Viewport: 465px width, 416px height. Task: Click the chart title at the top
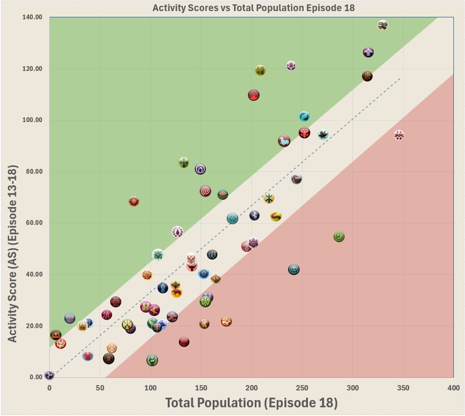[254, 8]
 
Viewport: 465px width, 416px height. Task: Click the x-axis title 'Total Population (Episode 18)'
[251, 403]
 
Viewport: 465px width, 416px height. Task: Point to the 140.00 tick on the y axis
[32, 17]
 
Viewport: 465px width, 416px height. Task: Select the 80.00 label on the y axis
[34, 171]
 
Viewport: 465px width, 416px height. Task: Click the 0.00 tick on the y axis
[36, 377]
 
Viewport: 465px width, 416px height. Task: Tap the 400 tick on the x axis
[453, 388]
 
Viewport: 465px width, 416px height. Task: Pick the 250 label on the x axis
[302, 388]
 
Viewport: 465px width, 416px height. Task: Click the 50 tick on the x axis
[100, 388]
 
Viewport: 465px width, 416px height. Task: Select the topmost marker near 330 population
[382, 25]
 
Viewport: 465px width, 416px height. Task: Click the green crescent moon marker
[339, 236]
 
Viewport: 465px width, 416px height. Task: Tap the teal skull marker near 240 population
[293, 269]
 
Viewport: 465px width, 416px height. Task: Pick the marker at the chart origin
[49, 375]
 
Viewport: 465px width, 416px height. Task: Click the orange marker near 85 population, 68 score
[134, 201]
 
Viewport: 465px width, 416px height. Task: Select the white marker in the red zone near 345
[399, 135]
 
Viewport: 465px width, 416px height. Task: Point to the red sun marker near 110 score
[254, 95]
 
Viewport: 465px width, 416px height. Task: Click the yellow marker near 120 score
[260, 70]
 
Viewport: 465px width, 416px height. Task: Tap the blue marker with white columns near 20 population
[70, 319]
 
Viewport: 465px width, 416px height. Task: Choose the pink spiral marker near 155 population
[205, 191]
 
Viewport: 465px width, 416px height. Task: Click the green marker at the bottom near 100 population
[152, 361]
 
